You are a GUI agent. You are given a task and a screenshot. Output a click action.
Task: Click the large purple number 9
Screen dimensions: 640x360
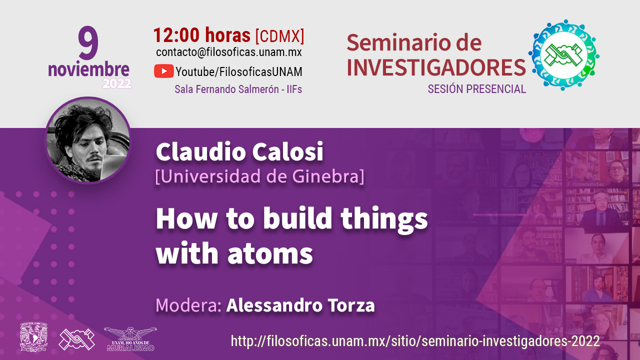[x=88, y=43]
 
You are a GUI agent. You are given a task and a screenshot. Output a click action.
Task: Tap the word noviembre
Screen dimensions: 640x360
[x=88, y=69]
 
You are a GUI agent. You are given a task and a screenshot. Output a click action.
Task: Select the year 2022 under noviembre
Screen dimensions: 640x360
[x=117, y=83]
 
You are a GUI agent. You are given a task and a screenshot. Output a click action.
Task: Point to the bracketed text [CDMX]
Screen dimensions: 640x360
[x=279, y=36]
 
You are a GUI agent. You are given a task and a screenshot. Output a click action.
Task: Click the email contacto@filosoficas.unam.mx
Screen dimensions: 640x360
[x=229, y=52]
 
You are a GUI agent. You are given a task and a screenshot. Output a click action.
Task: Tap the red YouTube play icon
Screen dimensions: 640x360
[x=163, y=71]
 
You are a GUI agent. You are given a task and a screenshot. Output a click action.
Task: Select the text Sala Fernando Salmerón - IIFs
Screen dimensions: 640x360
[x=238, y=89]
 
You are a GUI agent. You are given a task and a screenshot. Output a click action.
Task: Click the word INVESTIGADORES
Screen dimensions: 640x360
[x=436, y=67]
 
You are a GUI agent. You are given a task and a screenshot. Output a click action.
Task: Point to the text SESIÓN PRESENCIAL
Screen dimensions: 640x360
[x=476, y=89]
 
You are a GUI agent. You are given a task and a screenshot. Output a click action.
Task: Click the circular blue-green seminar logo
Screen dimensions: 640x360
[x=563, y=55]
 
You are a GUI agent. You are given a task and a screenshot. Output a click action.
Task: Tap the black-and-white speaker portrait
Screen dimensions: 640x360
[x=88, y=140]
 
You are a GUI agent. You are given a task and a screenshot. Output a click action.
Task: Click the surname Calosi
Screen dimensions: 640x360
[x=287, y=151]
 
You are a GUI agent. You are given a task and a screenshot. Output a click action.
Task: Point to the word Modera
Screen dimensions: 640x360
[x=188, y=305]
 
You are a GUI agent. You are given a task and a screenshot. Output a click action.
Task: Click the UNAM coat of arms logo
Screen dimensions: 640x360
[x=33, y=337]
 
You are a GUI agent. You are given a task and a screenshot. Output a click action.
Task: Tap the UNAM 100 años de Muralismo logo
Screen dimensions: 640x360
[x=130, y=339]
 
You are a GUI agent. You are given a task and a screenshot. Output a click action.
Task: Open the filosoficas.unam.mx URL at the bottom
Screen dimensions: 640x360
[x=415, y=341]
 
